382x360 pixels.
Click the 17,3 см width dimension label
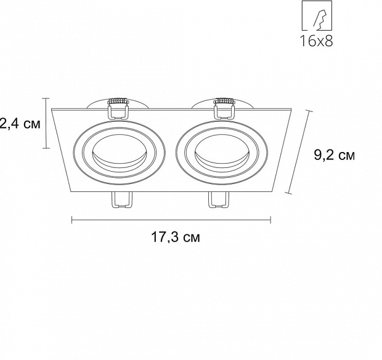click(x=176, y=237)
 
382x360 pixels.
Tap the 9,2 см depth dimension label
click(x=334, y=155)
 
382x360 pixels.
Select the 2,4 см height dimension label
click(x=20, y=124)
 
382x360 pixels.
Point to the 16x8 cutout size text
click(x=317, y=41)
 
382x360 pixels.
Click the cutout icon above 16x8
click(x=317, y=15)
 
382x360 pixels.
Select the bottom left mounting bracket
click(x=121, y=200)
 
